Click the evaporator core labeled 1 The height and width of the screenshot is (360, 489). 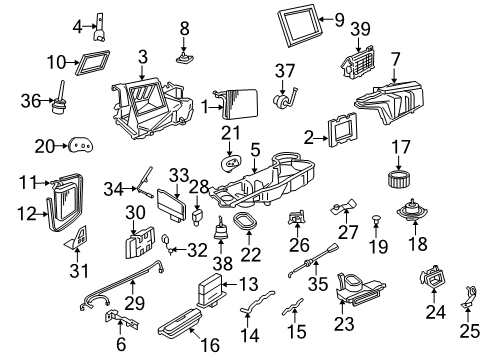(x=239, y=104)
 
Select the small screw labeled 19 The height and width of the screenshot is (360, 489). (x=377, y=217)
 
